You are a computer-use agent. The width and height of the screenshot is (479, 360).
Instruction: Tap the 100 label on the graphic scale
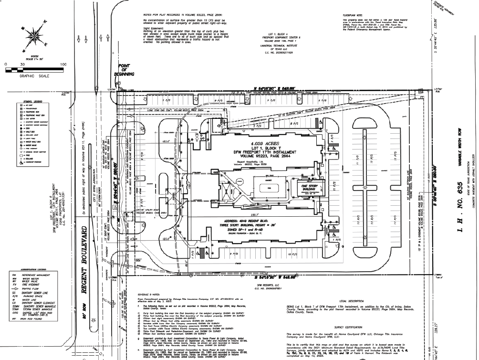tap(63, 64)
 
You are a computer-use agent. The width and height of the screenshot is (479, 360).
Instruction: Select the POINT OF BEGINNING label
tap(125, 72)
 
